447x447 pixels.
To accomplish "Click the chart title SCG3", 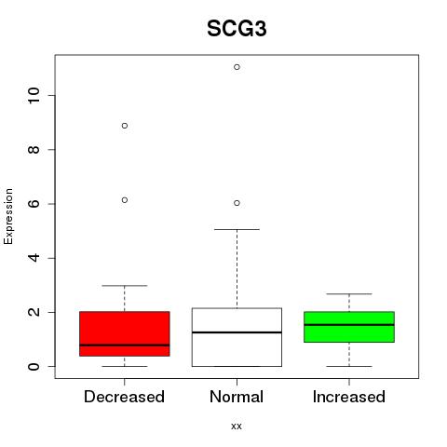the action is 237,29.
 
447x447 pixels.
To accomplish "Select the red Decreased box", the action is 125,333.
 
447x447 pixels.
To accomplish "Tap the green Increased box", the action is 349,327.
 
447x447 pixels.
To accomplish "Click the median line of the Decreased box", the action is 125,345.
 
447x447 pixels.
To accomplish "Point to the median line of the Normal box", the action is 237,332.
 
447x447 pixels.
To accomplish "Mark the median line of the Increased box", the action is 349,325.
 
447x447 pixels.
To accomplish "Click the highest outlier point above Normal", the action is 237,67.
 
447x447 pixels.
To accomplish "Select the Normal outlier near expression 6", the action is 237,203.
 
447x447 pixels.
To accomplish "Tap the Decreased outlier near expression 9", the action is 125,126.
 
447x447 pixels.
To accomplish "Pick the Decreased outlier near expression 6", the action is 125,200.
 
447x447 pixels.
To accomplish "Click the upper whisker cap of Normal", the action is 237,229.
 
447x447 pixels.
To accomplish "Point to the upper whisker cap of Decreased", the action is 125,285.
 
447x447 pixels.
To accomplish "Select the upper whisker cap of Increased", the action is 349,293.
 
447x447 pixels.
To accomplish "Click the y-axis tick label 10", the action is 34,95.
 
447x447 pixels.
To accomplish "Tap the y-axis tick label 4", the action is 34,258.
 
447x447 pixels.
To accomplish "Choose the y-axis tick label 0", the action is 34,367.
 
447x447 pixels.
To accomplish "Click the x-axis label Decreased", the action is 124,397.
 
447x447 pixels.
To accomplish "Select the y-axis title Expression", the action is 8,216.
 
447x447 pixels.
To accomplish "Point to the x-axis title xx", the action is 237,427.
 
